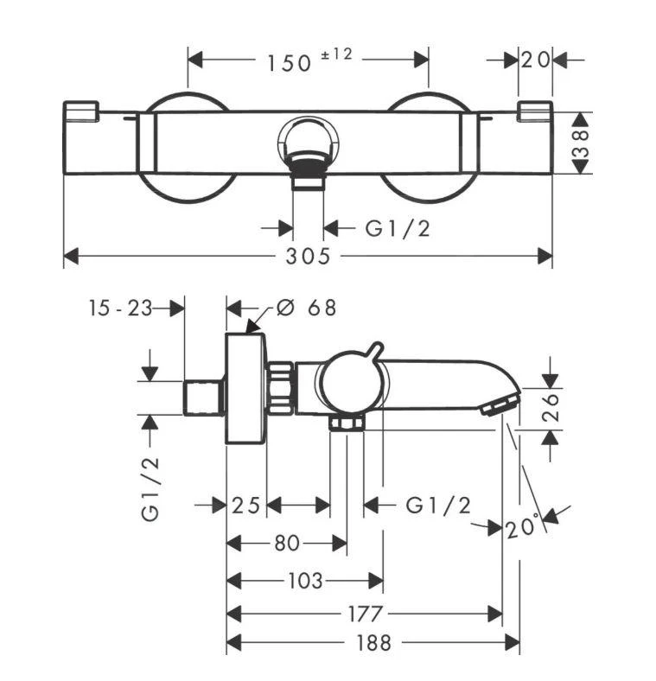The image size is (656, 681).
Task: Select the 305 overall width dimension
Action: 309,256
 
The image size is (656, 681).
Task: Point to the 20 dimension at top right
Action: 535,60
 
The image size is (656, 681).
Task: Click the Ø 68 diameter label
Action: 306,308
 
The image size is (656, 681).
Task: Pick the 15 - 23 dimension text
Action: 119,308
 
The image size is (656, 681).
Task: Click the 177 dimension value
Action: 365,614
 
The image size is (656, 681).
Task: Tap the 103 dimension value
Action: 304,581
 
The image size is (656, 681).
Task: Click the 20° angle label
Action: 523,525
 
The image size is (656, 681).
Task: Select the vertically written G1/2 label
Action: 152,488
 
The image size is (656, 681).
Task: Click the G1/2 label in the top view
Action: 398,228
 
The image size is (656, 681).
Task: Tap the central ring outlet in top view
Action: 308,143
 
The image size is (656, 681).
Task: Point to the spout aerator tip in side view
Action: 501,404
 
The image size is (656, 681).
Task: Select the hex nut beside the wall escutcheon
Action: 280,388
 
